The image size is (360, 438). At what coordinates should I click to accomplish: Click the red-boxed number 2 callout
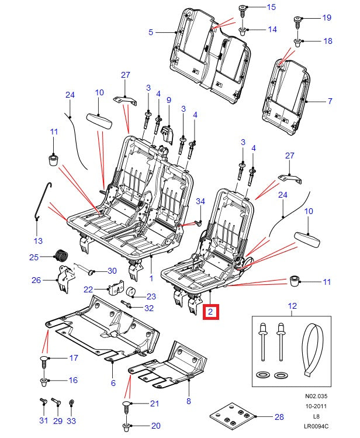pos(210,313)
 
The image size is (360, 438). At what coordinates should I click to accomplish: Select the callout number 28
pos(279,417)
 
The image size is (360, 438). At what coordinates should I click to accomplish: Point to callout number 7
pos(330,101)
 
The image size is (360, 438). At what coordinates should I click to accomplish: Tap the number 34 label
pos(200,202)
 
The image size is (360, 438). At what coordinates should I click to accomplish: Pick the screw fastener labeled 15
pos(242,10)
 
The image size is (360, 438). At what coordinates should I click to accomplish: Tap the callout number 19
pos(327,18)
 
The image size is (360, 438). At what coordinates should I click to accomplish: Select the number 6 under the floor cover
pos(113,383)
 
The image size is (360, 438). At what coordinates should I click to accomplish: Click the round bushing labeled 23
pos(131,294)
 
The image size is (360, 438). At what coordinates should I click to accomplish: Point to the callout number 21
pos(154,403)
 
